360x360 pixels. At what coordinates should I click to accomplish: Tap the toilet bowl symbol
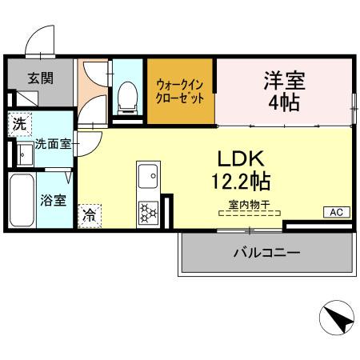point(126,98)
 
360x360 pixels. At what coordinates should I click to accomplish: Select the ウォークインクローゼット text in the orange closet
point(180,89)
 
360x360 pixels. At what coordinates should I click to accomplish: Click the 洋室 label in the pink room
point(284,80)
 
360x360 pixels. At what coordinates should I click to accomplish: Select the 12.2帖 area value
point(241,180)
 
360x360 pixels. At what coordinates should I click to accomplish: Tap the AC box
point(335,212)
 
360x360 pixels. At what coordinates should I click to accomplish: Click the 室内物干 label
point(246,205)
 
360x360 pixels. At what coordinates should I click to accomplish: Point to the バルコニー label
point(266,253)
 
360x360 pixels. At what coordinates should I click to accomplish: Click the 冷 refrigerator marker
point(89,214)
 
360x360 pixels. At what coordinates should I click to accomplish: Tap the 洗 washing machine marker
point(18,124)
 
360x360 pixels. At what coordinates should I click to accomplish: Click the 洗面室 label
point(53,145)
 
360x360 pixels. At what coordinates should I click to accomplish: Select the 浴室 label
point(53,199)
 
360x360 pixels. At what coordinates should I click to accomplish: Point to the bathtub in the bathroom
point(21,200)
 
